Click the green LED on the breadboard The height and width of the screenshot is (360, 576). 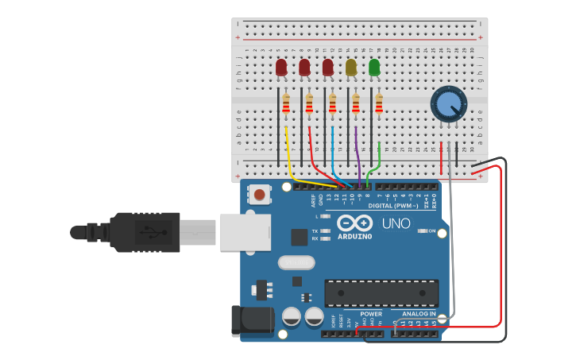(374, 68)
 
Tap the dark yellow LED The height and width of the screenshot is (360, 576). (351, 68)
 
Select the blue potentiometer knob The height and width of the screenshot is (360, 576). (448, 104)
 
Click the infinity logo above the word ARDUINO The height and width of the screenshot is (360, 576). (354, 223)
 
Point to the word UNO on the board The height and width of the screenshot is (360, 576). (396, 223)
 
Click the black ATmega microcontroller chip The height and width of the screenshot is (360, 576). (381, 292)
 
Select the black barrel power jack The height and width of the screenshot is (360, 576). (252, 321)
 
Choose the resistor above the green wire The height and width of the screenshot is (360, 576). (379, 103)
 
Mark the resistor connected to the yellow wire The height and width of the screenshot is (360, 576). (286, 103)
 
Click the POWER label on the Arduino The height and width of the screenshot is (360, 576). (371, 314)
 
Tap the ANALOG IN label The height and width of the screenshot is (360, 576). (418, 314)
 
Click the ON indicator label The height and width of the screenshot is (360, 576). (432, 231)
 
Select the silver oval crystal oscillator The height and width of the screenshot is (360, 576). (296, 262)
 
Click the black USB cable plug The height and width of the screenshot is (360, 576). (143, 232)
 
